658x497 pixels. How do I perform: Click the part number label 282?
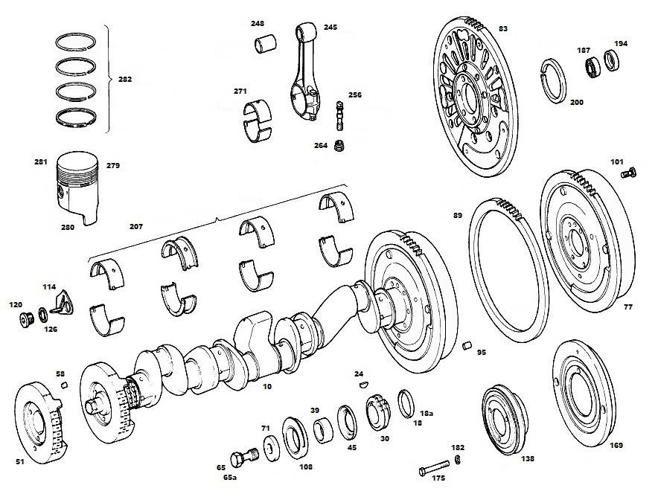click(124, 79)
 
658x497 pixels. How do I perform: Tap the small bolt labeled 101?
click(629, 172)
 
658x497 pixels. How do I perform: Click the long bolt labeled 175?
click(434, 467)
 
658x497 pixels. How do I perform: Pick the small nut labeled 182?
click(459, 460)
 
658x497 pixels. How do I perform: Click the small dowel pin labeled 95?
click(467, 346)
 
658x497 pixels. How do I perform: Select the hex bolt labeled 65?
click(244, 456)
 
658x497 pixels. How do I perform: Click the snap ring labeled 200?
click(554, 80)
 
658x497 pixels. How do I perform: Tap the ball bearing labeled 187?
click(593, 67)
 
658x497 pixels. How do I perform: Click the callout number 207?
click(136, 226)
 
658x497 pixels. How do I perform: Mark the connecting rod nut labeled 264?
click(339, 147)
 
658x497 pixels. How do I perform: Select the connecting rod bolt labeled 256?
click(339, 116)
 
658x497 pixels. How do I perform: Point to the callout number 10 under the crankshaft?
click(267, 386)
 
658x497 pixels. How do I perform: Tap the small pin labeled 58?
click(64, 385)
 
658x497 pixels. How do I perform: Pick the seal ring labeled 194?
click(613, 59)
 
